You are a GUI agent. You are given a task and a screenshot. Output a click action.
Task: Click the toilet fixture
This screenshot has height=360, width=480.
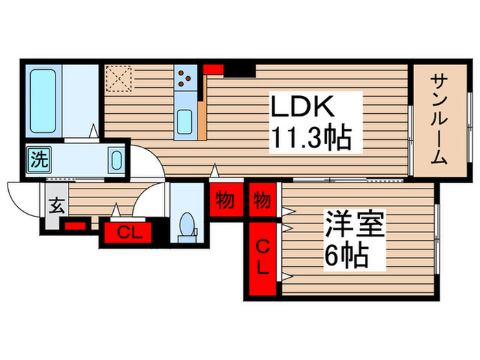(185, 226)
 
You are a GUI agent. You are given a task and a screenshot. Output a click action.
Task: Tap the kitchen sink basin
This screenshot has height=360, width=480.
(185, 123)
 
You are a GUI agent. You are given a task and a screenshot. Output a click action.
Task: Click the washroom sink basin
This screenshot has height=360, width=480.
(116, 162)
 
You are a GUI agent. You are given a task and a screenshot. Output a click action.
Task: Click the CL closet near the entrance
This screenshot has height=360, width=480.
(128, 232)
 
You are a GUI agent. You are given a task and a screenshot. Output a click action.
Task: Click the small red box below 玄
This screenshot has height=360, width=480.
(75, 225)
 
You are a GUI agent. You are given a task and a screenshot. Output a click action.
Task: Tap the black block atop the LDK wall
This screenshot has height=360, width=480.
(240, 69)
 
